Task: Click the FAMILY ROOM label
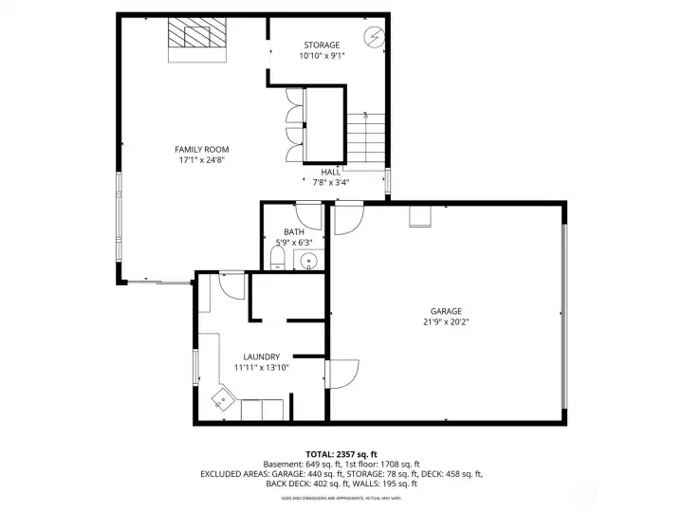point(201,149)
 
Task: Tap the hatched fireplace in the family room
point(198,37)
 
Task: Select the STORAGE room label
point(322,45)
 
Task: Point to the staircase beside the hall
point(365,137)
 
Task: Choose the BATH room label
point(294,231)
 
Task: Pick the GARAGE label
point(446,310)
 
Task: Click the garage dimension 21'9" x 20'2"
point(446,321)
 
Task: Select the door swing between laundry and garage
point(341,373)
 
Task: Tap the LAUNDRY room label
point(261,357)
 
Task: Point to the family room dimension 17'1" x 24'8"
point(201,160)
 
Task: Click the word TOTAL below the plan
point(320,454)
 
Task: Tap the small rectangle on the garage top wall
point(419,217)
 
